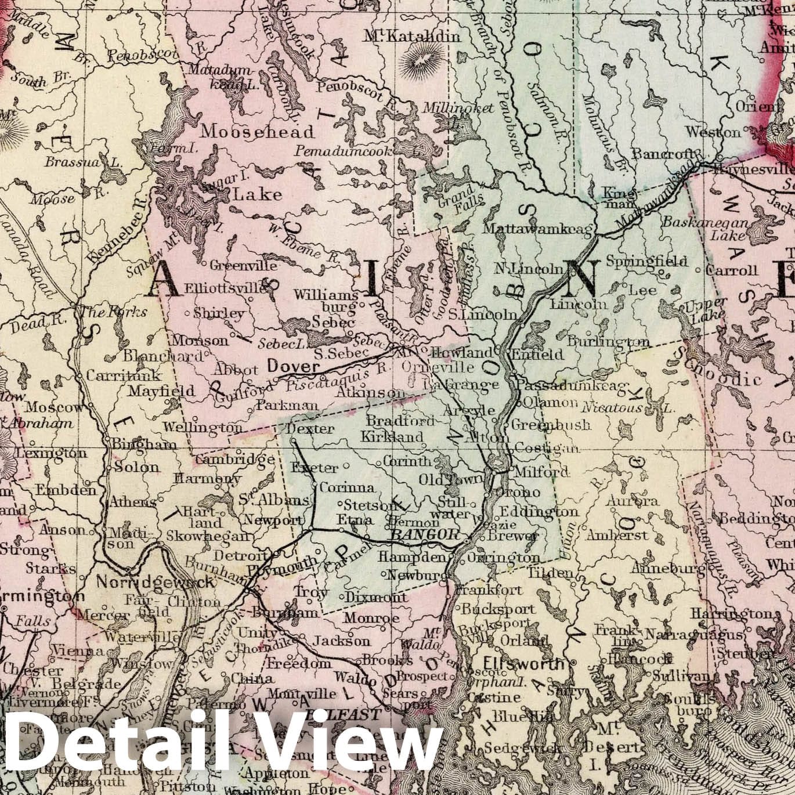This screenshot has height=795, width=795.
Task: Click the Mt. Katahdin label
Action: (x=412, y=37)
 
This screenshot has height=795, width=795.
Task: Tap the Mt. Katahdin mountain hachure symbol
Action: (x=431, y=60)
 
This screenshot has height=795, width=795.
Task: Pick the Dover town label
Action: (x=293, y=367)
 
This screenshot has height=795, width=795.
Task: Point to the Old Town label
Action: (x=451, y=479)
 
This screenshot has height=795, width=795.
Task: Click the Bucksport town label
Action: (x=498, y=609)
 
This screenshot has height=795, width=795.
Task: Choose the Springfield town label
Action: (x=647, y=262)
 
